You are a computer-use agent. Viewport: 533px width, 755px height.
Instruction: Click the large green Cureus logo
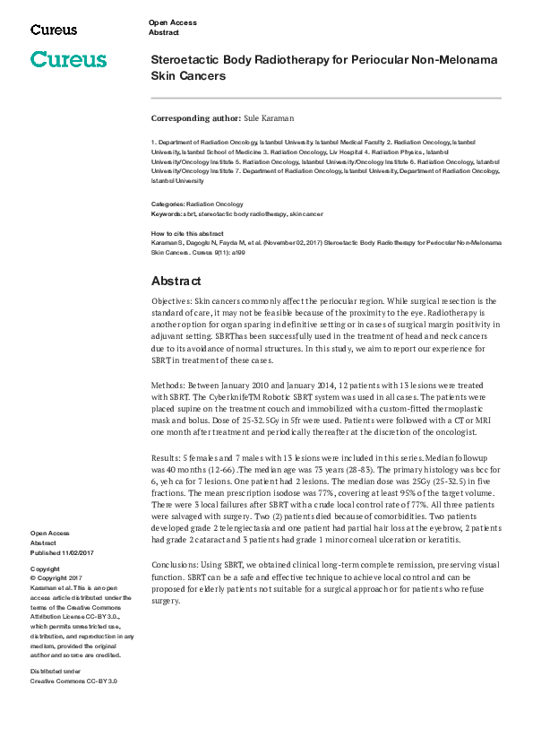point(68,60)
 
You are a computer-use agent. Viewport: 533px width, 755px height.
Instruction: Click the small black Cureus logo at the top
point(54,30)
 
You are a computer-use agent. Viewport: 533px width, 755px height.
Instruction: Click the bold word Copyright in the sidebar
point(45,569)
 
